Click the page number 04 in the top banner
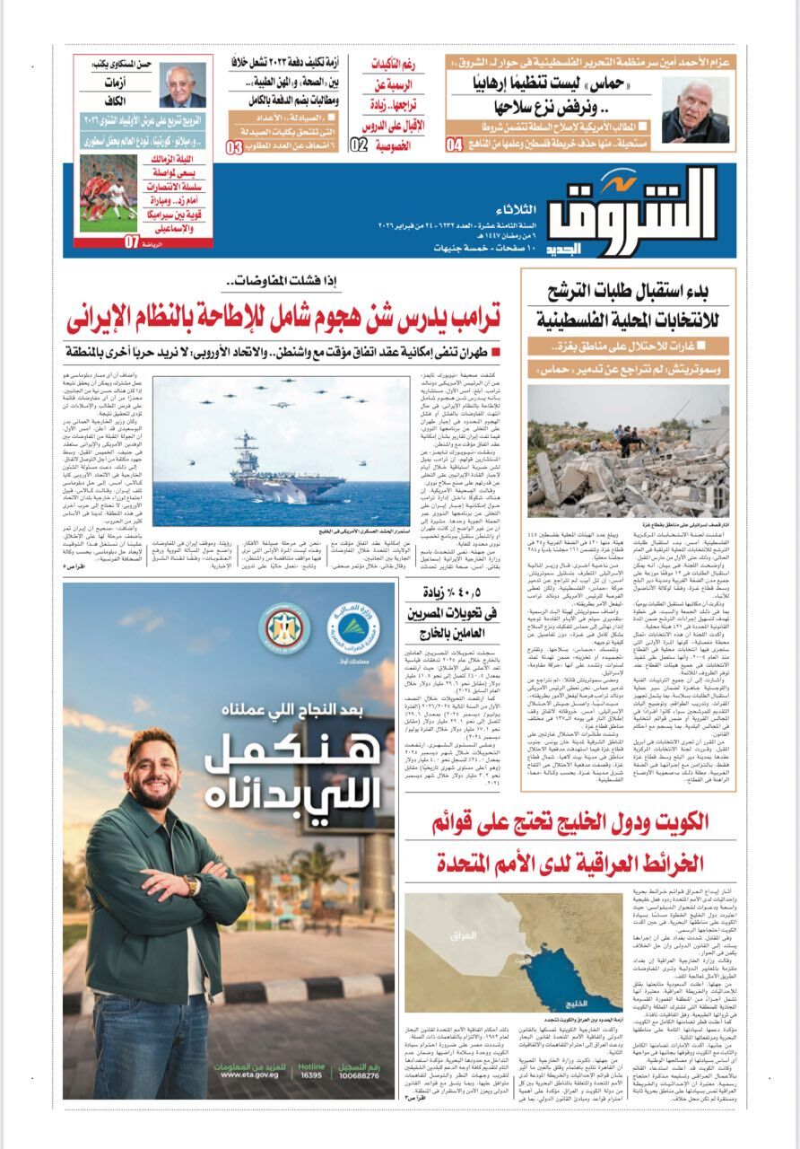(454, 145)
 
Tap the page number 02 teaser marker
(358, 145)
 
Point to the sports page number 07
(132, 241)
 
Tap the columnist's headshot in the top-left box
(182, 86)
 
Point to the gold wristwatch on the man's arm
(191, 885)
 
